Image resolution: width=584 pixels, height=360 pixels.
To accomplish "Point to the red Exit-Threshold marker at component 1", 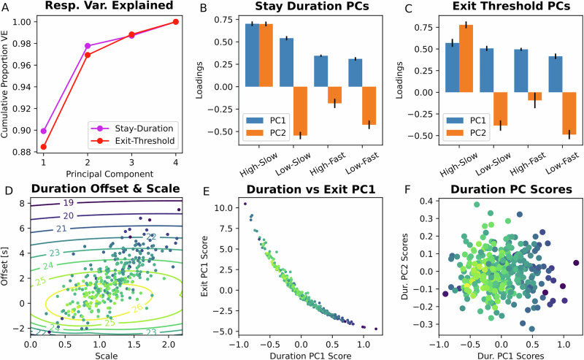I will click(x=44, y=147).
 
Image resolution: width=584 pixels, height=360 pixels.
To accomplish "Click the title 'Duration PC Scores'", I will click(x=505, y=191).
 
